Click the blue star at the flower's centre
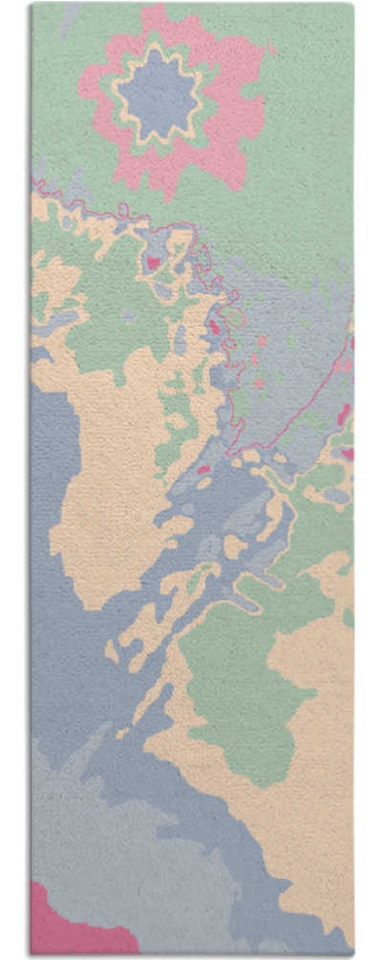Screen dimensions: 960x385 click(x=158, y=94)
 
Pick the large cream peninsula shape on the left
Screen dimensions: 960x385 click(x=105, y=478)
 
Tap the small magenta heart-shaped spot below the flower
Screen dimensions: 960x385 click(x=152, y=261)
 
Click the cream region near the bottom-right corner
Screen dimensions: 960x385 click(x=315, y=860)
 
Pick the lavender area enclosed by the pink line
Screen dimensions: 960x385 click(x=287, y=363)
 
